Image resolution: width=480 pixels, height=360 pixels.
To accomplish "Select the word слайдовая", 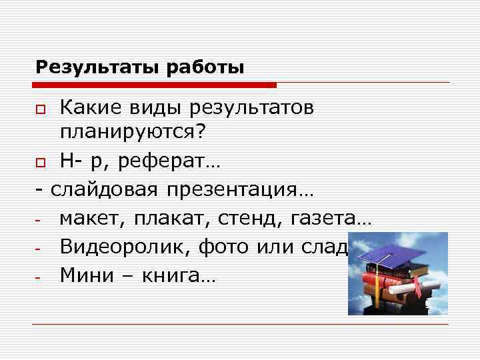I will pyautogui.click(x=105, y=191).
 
